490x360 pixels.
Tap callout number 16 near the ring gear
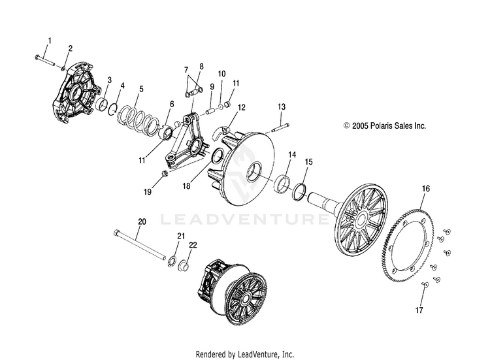(x=426, y=189)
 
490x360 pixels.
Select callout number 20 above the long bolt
(x=140, y=221)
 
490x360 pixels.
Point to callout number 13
(x=282, y=106)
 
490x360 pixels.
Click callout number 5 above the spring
(x=142, y=88)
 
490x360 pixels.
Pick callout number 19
(x=148, y=192)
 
